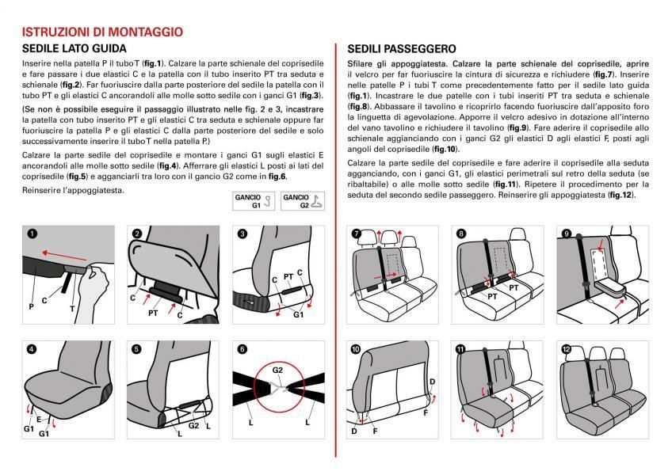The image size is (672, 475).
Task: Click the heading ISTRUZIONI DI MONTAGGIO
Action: point(103,32)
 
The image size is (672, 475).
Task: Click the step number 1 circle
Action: point(31,234)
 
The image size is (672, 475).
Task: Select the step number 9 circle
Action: point(566,234)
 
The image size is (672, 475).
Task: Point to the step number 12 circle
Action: point(566,348)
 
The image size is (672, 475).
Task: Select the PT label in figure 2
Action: point(153,313)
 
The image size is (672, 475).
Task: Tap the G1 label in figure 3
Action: point(299,313)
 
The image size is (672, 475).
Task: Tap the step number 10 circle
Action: point(354,348)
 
